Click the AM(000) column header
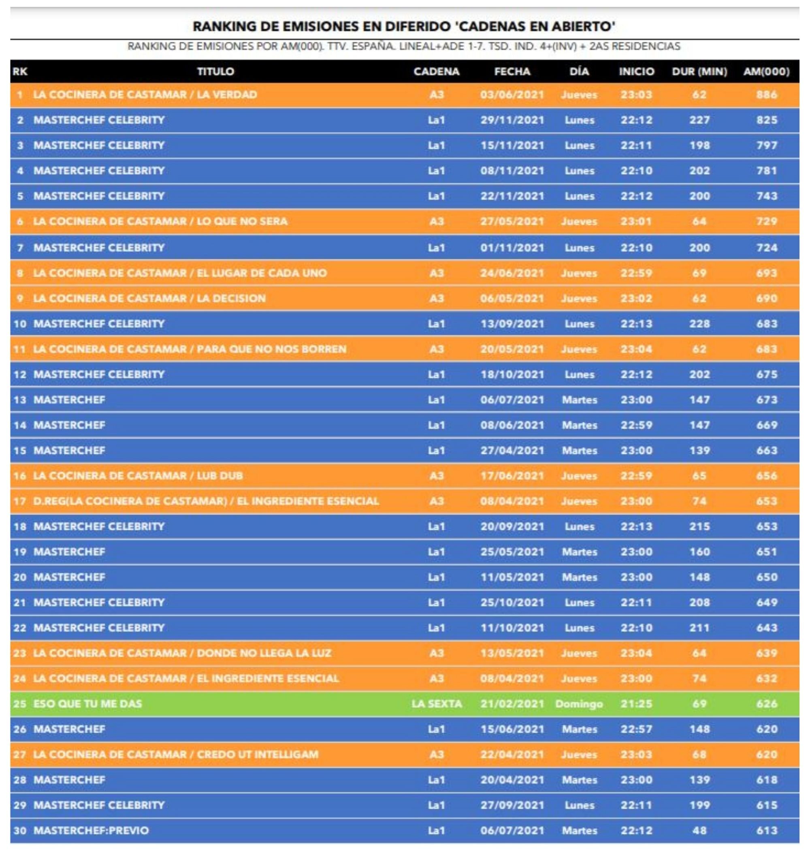tap(766, 71)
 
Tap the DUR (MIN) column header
tap(699, 71)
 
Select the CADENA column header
tap(436, 71)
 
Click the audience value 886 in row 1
tap(766, 94)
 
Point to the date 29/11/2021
tap(512, 120)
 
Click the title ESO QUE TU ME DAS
tap(87, 703)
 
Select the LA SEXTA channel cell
tap(436, 703)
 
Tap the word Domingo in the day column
tap(579, 703)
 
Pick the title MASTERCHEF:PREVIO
tap(91, 830)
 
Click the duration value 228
tap(699, 323)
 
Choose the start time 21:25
tap(636, 703)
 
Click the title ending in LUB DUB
tap(138, 476)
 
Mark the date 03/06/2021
tap(512, 94)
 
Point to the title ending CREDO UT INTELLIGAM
tap(176, 754)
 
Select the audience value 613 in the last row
tap(766, 830)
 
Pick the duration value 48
tap(699, 830)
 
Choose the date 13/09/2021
tap(512, 323)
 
